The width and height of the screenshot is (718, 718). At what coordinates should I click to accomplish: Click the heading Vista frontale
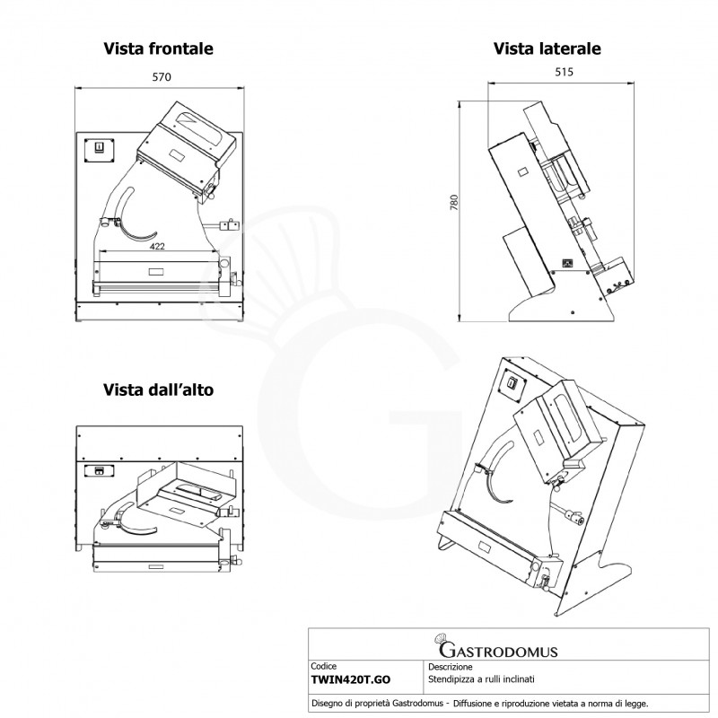tap(159, 48)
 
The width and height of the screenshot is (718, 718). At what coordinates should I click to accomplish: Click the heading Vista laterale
tap(547, 48)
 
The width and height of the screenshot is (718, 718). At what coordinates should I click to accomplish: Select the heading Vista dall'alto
tap(159, 390)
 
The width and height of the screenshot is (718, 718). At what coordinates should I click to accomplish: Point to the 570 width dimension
tap(162, 77)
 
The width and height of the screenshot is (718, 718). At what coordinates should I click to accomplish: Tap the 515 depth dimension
tap(564, 72)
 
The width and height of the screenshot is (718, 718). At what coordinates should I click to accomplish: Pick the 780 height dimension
tap(454, 203)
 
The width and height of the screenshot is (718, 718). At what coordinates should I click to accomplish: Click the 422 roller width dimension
tap(157, 246)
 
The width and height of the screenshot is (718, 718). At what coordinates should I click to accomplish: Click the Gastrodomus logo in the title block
tap(497, 645)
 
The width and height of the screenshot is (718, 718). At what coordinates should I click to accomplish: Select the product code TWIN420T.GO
tap(351, 679)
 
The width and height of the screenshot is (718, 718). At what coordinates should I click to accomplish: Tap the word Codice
tap(323, 666)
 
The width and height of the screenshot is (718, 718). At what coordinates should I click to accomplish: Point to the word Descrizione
tap(451, 667)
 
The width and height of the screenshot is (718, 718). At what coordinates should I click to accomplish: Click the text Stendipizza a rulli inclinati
tap(481, 679)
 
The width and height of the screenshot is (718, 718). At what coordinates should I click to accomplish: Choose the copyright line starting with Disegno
tap(480, 704)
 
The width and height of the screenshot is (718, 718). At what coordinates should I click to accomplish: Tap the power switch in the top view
tap(99, 470)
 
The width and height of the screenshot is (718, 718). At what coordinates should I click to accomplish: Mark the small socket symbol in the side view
tap(568, 263)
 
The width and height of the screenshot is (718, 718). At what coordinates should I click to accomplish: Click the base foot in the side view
tap(562, 308)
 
